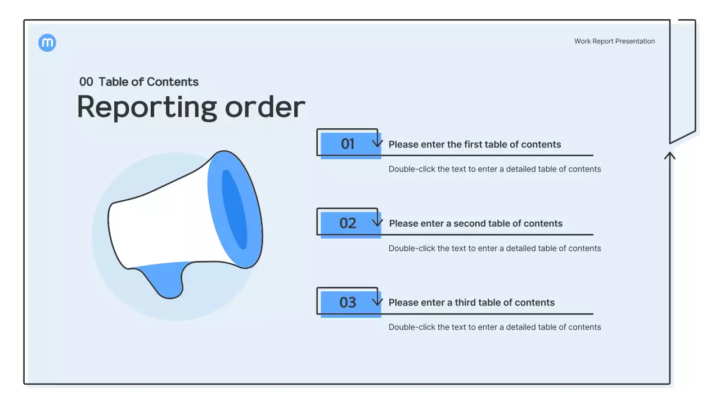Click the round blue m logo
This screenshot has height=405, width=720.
(x=47, y=43)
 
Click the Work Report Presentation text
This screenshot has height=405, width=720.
(x=614, y=41)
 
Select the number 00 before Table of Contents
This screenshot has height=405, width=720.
(x=86, y=82)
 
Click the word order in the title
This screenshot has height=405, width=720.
(x=265, y=107)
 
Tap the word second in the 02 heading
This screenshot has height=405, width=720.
(x=470, y=223)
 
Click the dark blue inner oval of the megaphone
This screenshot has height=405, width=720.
(x=235, y=209)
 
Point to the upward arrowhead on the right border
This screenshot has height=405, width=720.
(x=669, y=155)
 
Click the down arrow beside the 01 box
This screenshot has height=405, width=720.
(x=377, y=142)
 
